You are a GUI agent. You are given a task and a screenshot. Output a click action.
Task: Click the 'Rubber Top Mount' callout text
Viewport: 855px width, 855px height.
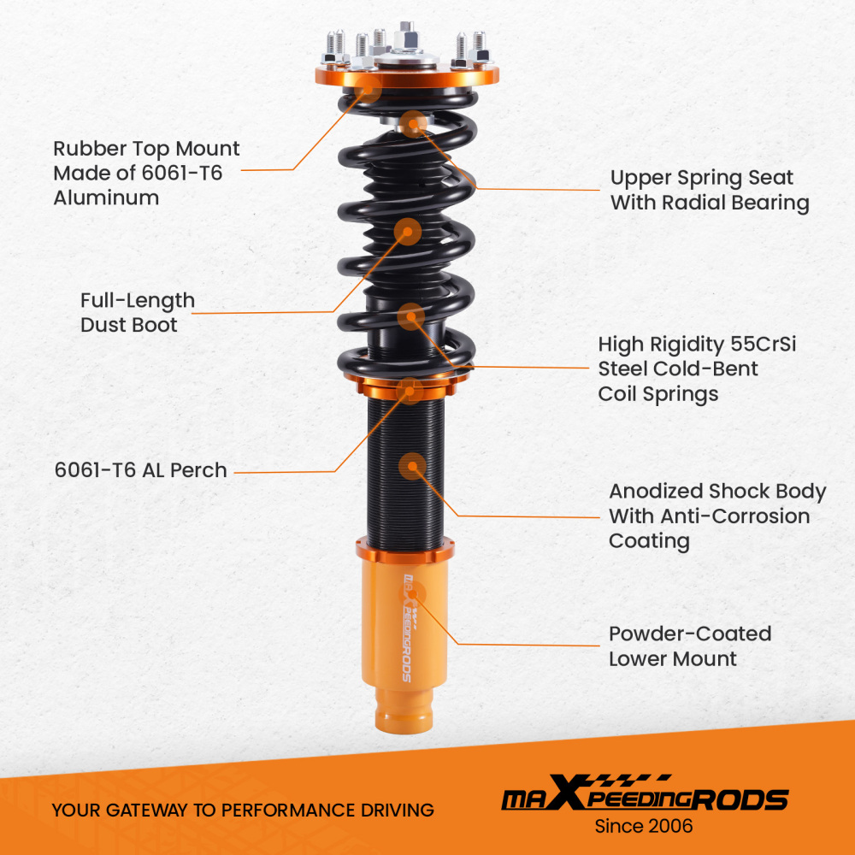click(x=146, y=149)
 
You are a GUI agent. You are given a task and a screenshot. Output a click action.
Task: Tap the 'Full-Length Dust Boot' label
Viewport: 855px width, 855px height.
click(x=138, y=313)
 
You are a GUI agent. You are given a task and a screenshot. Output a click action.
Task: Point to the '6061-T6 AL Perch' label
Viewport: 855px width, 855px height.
click(x=140, y=470)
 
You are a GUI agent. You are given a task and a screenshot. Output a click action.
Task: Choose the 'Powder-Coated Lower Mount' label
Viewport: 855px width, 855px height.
click(x=690, y=646)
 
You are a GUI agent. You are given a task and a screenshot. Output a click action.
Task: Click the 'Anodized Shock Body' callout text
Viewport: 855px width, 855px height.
click(x=717, y=492)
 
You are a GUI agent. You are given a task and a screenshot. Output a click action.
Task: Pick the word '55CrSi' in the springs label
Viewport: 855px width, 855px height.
click(x=762, y=345)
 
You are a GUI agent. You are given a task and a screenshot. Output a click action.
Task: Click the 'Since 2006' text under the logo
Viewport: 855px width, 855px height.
click(x=644, y=826)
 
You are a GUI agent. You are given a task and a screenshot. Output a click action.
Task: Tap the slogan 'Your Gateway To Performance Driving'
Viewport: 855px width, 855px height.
click(x=243, y=810)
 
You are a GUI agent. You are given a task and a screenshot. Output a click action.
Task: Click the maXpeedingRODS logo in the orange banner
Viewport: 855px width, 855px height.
click(x=644, y=799)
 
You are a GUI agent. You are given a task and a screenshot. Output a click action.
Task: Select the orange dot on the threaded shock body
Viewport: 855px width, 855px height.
click(x=412, y=466)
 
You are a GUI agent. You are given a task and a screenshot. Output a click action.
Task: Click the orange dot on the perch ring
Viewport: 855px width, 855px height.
click(x=408, y=392)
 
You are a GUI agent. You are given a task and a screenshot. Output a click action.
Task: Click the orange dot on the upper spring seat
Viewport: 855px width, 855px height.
click(x=414, y=123)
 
